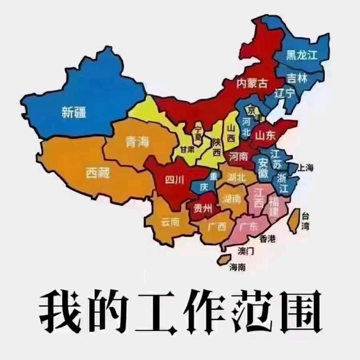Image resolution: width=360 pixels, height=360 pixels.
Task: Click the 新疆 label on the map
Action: pos(74,112)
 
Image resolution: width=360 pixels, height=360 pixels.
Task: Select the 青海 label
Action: pos(137,142)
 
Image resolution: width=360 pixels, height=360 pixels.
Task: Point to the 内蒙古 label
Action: pos(252,83)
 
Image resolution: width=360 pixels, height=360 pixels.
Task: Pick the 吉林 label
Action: pos(298,79)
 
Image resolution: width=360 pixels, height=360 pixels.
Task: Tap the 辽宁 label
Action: pos(284,93)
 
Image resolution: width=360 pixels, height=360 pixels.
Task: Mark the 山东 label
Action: pos(265,136)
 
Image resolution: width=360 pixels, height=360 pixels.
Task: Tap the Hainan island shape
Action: pos(224,260)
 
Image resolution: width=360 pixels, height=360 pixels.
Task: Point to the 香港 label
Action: pos(268,239)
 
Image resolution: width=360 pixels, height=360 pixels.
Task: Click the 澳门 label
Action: pos(246,251)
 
